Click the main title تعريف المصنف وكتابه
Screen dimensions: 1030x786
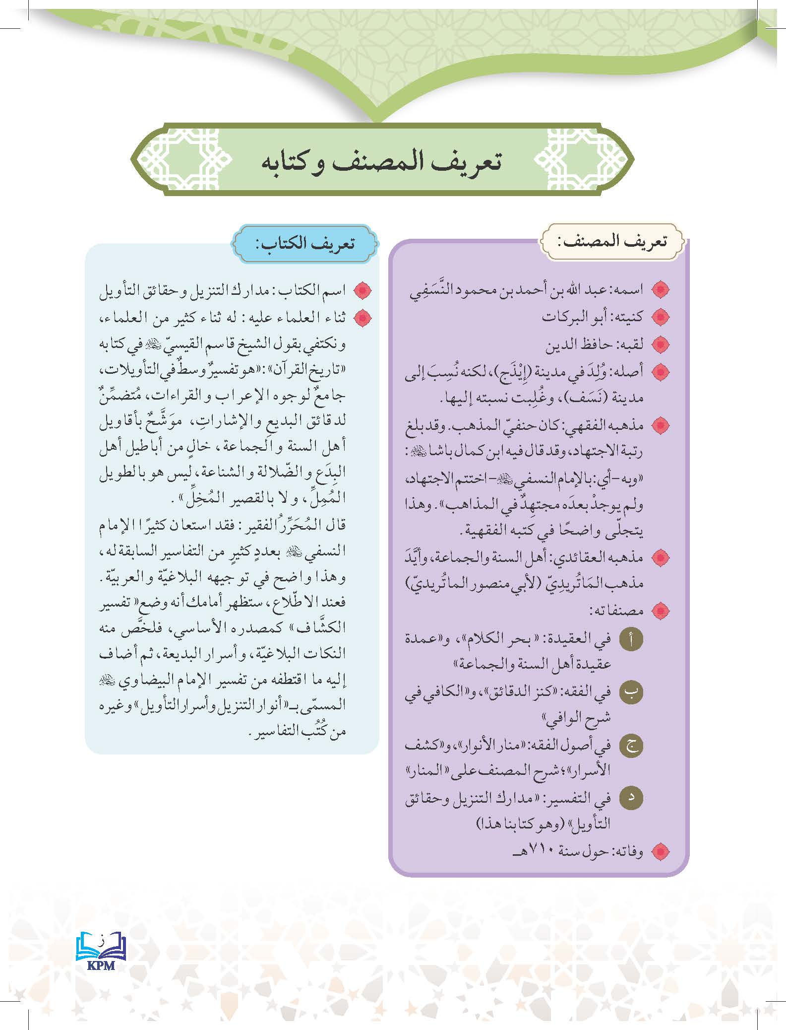381,163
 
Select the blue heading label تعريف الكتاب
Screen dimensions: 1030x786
305,244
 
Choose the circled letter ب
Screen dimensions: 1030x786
631,691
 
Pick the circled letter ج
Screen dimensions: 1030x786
631,746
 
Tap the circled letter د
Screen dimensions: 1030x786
631,798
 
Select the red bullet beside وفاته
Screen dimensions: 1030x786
660,853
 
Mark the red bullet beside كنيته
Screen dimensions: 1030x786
660,317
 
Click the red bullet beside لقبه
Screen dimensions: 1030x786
660,344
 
